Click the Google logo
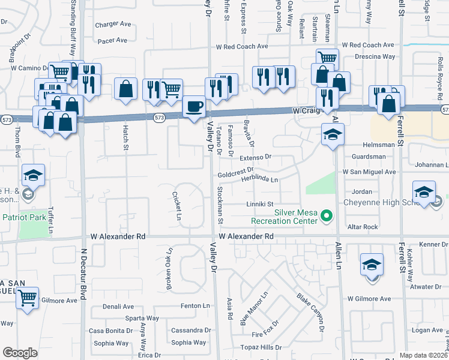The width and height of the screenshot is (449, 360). point(20,353)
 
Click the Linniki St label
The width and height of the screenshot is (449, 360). point(259,204)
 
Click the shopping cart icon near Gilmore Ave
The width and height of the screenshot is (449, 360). point(27,298)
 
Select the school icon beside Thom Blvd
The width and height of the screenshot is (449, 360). point(33,175)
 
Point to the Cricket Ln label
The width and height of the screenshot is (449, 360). point(176,206)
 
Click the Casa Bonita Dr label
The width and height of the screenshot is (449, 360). point(111,331)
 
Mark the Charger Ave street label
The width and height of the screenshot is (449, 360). point(113,25)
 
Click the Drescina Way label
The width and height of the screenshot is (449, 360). point(374,56)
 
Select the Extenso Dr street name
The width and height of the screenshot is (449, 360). point(256,157)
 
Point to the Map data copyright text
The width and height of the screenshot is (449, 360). point(424,355)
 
